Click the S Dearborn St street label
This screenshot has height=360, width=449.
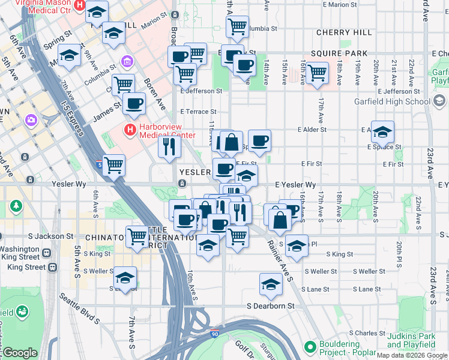271,305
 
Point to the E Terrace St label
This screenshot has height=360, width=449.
198,112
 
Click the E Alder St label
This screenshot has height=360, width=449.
312,129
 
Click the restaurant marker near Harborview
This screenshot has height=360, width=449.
170,146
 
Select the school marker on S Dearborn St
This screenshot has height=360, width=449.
271,284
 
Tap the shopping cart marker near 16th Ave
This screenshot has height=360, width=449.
317,73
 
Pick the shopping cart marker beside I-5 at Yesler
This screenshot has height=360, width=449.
113,165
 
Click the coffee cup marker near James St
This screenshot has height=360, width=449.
134,103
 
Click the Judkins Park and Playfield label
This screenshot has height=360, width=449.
411,340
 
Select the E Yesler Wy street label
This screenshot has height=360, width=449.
295,185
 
